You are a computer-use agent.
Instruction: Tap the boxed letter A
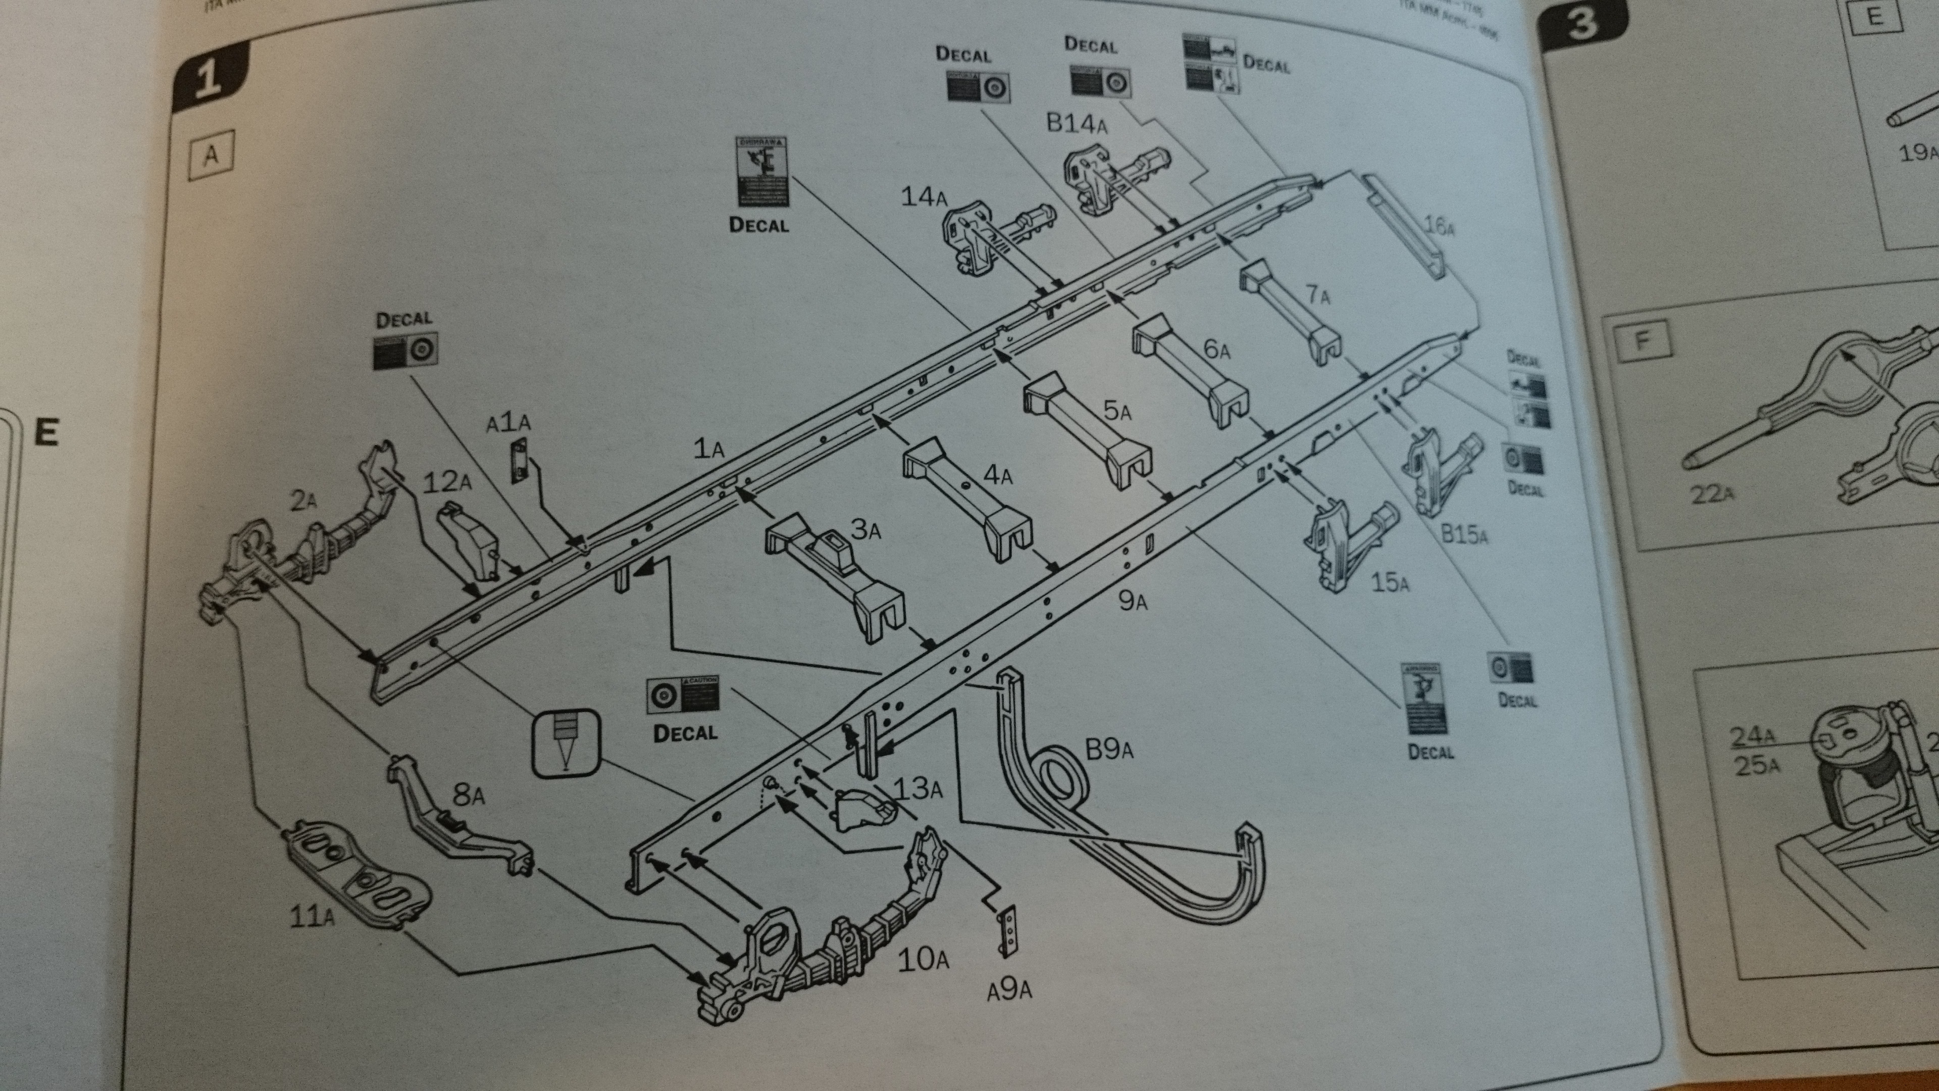[212, 155]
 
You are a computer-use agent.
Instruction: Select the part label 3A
[865, 529]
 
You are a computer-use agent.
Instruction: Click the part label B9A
[1108, 749]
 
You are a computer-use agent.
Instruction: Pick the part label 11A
[312, 916]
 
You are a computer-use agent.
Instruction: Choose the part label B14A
[1077, 123]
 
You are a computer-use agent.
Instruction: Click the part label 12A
[447, 482]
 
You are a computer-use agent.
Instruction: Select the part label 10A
[923, 959]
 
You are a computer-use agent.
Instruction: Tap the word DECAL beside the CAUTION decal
[685, 732]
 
